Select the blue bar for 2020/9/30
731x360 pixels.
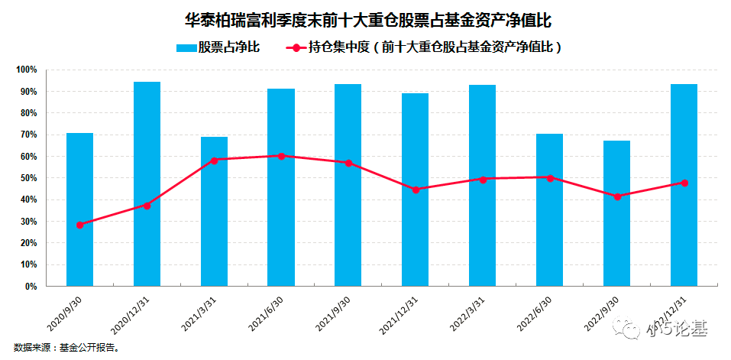point(79,209)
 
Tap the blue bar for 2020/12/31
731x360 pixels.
point(147,183)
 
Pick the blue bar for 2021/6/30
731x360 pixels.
point(281,187)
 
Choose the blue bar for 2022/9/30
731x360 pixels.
point(616,213)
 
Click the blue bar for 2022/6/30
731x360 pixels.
point(549,209)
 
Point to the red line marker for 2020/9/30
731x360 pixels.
point(79,225)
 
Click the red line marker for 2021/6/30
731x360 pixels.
point(281,156)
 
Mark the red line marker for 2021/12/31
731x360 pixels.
point(416,190)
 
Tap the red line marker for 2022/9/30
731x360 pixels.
point(616,196)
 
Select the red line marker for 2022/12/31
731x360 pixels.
point(684,183)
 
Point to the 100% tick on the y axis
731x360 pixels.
point(27,70)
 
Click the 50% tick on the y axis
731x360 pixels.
point(28,178)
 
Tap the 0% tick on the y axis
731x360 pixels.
point(31,287)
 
